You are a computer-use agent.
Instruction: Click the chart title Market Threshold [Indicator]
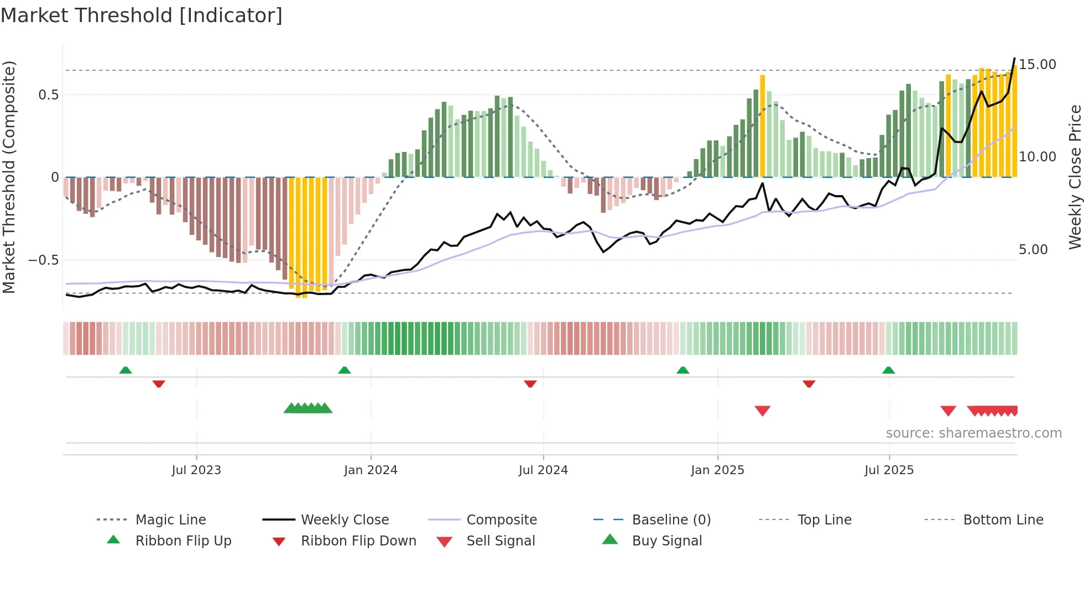(142, 15)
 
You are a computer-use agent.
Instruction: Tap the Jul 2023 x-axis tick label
(196, 470)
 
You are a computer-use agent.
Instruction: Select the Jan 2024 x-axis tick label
(371, 470)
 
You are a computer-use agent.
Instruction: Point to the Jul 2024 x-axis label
(543, 470)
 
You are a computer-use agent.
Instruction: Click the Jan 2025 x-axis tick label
(717, 470)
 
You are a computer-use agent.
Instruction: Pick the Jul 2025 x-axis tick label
(889, 470)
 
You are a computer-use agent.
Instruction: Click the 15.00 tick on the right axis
(1037, 65)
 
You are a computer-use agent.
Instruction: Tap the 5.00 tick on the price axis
(1033, 250)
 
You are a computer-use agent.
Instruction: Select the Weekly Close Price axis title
(1075, 177)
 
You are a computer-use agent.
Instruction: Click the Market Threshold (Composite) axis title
(9, 177)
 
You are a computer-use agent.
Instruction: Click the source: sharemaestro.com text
(973, 433)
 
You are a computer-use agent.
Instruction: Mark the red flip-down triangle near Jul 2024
(530, 384)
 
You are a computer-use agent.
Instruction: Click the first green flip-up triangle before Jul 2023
(126, 370)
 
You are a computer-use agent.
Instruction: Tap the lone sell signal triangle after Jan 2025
(762, 411)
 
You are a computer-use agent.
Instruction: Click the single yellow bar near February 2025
(762, 126)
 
